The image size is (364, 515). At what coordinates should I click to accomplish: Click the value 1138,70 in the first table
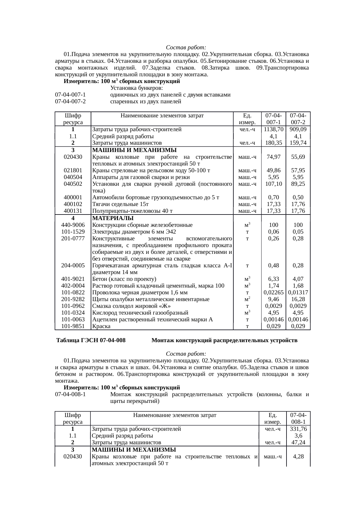pos(273,129)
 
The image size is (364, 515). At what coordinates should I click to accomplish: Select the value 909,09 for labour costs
pos(298,129)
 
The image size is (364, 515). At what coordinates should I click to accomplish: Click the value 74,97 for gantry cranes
pos(273,157)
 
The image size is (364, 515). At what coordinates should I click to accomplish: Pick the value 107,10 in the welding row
pos(273,184)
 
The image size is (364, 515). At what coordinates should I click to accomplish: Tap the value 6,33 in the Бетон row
pos(273,279)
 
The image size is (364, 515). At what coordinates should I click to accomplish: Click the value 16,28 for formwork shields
pos(298,299)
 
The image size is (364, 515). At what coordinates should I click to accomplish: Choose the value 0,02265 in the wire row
pos(273,293)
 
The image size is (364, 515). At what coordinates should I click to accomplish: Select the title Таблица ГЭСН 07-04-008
pos(91,341)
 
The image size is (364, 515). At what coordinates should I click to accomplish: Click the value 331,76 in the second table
pos(298,429)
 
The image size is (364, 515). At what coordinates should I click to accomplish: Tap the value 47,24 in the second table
pos(298,443)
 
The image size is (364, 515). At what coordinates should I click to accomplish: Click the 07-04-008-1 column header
pos(298,418)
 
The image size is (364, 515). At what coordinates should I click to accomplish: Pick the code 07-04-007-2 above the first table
pos(70,102)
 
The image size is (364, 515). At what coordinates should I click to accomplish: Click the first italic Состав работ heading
pos(186,48)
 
